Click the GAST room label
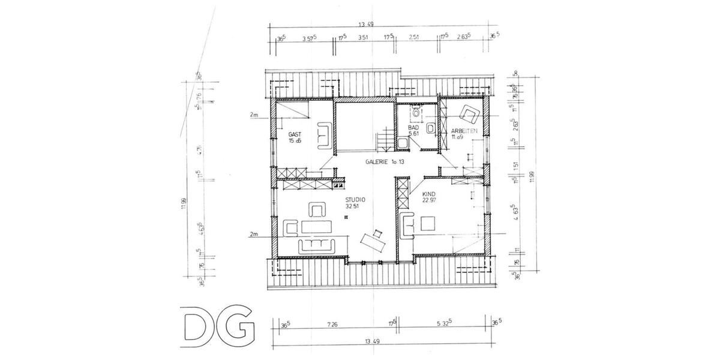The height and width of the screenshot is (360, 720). [294, 134]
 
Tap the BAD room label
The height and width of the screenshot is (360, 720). [413, 128]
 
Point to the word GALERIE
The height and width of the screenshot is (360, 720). [376, 162]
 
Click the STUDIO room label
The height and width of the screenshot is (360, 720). [354, 200]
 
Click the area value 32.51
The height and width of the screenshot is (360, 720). [353, 206]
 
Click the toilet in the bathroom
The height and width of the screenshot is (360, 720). [416, 111]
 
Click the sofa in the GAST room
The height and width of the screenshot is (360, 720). [326, 134]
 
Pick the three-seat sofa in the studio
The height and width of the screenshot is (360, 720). [316, 244]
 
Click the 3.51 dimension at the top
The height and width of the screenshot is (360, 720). [362, 38]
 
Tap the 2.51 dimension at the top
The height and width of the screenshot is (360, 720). [413, 38]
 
